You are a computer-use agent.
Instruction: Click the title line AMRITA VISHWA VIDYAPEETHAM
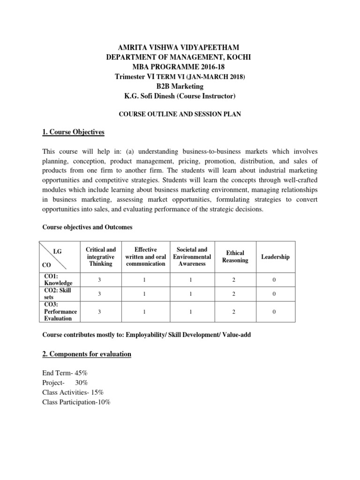coord(180,48)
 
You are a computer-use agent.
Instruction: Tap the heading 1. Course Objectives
coord(73,133)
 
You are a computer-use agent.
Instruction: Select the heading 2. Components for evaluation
coord(87,354)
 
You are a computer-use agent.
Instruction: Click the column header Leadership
coord(275,257)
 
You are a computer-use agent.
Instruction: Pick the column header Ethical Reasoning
coord(235,257)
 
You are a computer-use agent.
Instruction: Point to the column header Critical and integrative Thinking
coord(101,257)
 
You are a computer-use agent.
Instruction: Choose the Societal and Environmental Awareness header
coord(192,257)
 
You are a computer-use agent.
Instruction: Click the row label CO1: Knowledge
coord(58,280)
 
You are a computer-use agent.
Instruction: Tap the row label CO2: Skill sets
coord(59,294)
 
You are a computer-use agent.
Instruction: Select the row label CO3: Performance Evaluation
coord(60,311)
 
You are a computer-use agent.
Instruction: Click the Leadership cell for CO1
coord(275,280)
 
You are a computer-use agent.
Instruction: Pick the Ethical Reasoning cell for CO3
coord(235,311)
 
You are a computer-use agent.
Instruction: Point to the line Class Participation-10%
coord(76,402)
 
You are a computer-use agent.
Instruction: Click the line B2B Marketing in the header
coord(180,86)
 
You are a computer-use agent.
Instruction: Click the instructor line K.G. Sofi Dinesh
coord(180,96)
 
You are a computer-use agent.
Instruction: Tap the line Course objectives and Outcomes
coord(88,227)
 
